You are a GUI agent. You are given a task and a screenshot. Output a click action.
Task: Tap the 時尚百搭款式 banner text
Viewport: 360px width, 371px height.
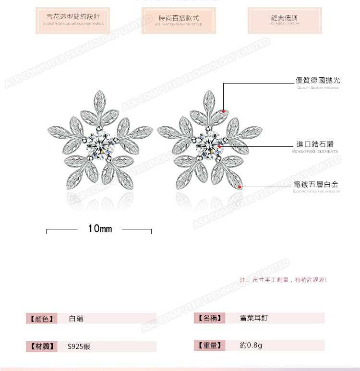(179, 18)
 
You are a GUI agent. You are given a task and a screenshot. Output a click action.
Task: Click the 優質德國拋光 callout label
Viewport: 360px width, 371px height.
(318, 81)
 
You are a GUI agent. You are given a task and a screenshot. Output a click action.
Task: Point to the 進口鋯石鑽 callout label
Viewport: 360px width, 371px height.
(315, 144)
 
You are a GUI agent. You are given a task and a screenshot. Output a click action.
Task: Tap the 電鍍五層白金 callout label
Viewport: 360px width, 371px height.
(316, 184)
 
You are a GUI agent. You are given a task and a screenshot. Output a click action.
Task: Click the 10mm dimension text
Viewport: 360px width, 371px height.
(100, 229)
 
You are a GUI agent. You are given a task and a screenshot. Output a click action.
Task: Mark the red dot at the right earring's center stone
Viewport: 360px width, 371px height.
(219, 145)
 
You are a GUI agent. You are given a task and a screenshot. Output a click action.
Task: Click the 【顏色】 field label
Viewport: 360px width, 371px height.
(41, 318)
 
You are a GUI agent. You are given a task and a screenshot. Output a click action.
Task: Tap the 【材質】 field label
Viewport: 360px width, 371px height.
(41, 346)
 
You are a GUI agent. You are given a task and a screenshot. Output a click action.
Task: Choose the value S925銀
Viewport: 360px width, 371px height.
(79, 346)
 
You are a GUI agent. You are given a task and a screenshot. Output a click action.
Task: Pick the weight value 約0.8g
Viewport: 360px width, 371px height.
(251, 345)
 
